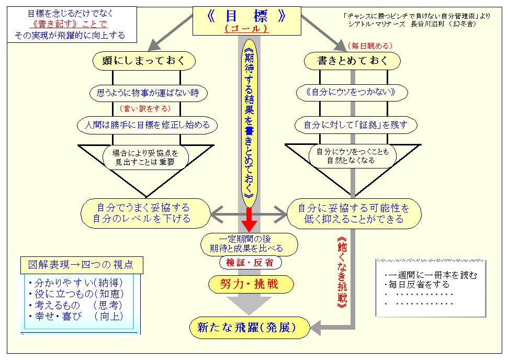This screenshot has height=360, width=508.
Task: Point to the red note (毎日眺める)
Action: (369, 46)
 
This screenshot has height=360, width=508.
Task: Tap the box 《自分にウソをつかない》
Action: (353, 93)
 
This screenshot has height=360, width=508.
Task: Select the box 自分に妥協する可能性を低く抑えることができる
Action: (354, 213)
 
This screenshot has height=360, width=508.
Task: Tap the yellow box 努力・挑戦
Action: (250, 284)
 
